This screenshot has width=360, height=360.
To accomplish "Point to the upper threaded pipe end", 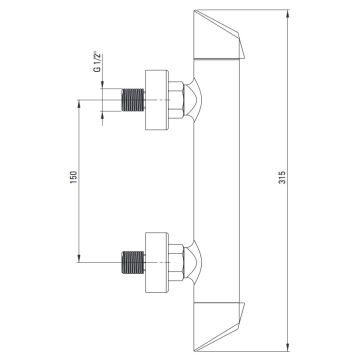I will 133,100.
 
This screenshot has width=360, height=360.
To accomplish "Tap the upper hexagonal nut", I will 176,100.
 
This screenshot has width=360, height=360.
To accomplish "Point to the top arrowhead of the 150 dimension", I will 78,104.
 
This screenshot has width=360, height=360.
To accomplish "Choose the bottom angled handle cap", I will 219,325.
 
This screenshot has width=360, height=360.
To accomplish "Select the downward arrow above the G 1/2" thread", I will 102,83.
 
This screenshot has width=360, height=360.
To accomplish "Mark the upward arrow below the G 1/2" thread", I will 102,116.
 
